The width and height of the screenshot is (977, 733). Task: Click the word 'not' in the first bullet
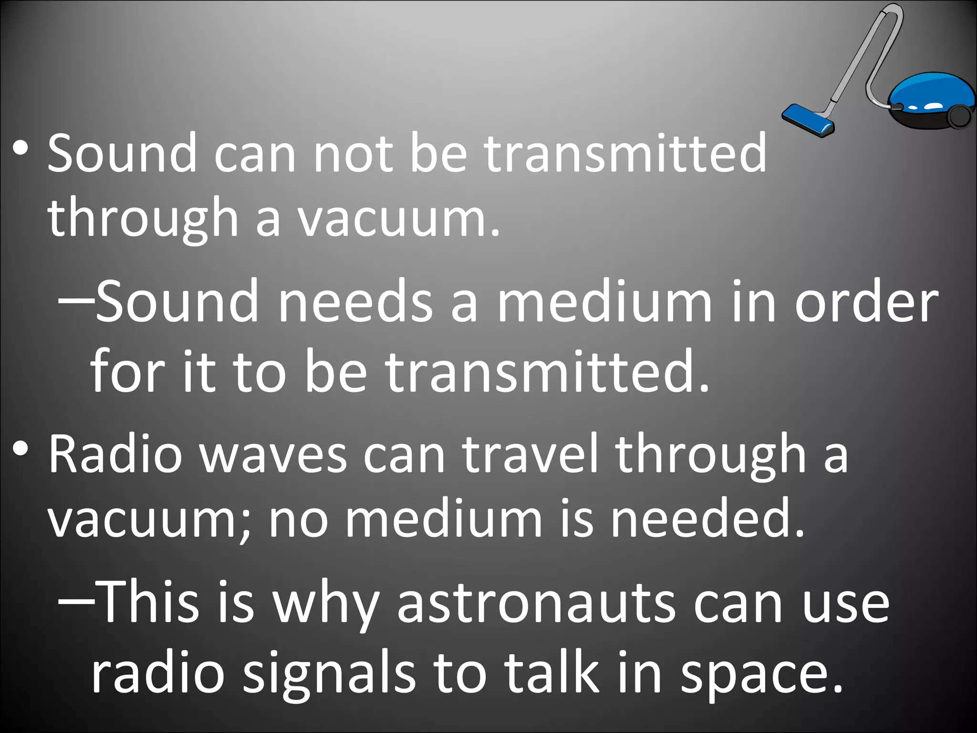pyautogui.click(x=353, y=154)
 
